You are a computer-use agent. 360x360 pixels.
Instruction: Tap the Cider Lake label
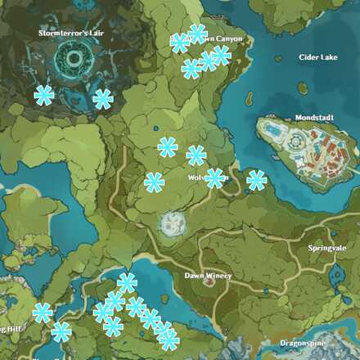pos(317,58)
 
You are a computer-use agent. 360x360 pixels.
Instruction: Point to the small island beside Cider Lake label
pos(304,88)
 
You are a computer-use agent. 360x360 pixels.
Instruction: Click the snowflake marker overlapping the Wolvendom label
pos(215,178)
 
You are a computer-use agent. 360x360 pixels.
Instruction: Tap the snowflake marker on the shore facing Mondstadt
pos(256,180)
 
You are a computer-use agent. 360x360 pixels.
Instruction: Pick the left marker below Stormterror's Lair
pos(44,95)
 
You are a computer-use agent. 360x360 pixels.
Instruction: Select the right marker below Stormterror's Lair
pos(102,99)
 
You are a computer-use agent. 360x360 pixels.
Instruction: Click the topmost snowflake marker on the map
pos(196,34)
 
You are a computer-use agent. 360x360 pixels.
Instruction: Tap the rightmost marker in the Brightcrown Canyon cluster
pos(221,55)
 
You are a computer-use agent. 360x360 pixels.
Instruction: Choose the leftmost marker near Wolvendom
pos(154,182)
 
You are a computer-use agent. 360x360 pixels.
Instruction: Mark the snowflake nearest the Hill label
pos(43,313)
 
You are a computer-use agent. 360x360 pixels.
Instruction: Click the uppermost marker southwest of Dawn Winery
pos(127,283)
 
